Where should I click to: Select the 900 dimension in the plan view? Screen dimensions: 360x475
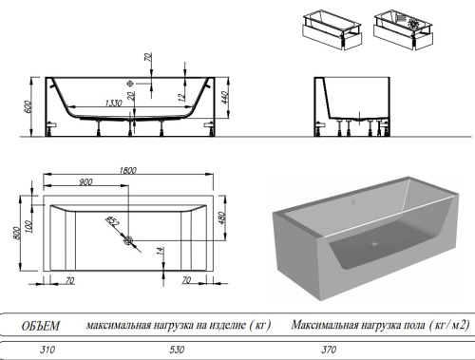point(86,181)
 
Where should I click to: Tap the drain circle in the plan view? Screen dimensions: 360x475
point(125,241)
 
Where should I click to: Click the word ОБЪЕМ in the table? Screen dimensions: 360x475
point(41,326)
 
